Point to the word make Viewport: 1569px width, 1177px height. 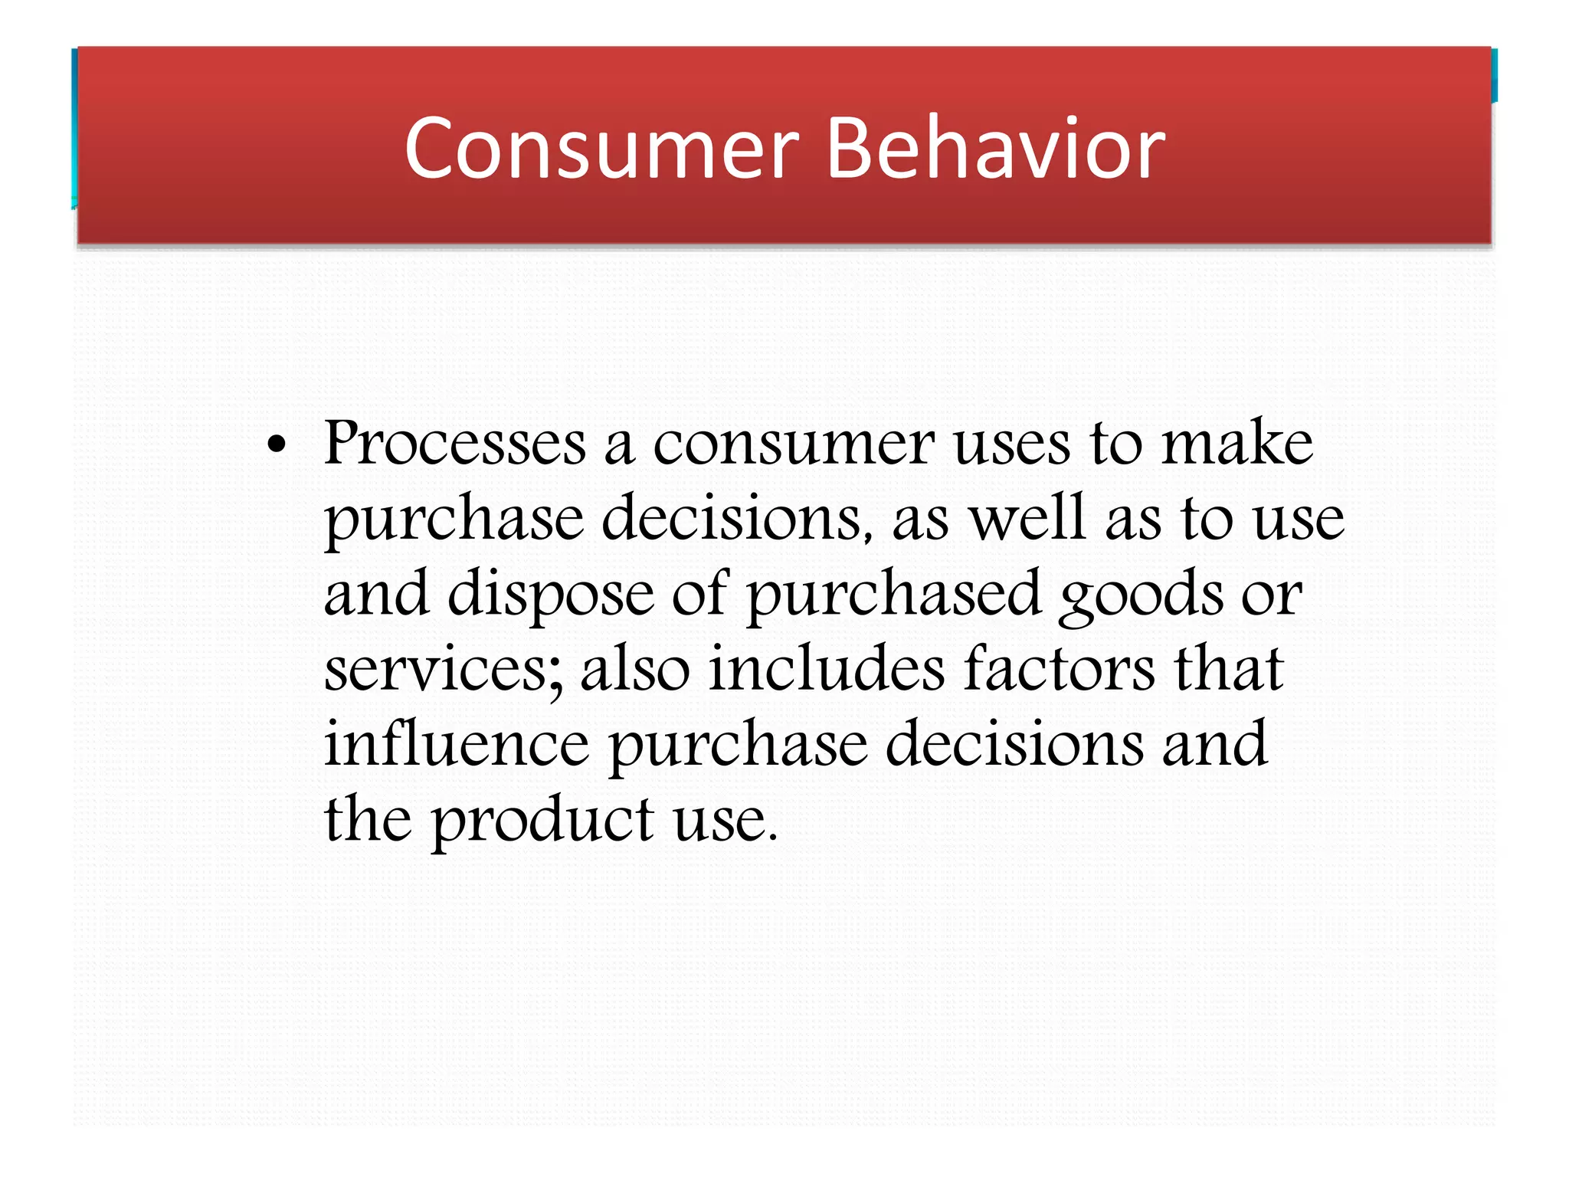1237,444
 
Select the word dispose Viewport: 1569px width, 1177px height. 551,595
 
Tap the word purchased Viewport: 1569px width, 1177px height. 893,595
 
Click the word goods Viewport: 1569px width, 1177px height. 1140,595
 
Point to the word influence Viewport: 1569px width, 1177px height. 457,743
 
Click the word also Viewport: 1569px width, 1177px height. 635,668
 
